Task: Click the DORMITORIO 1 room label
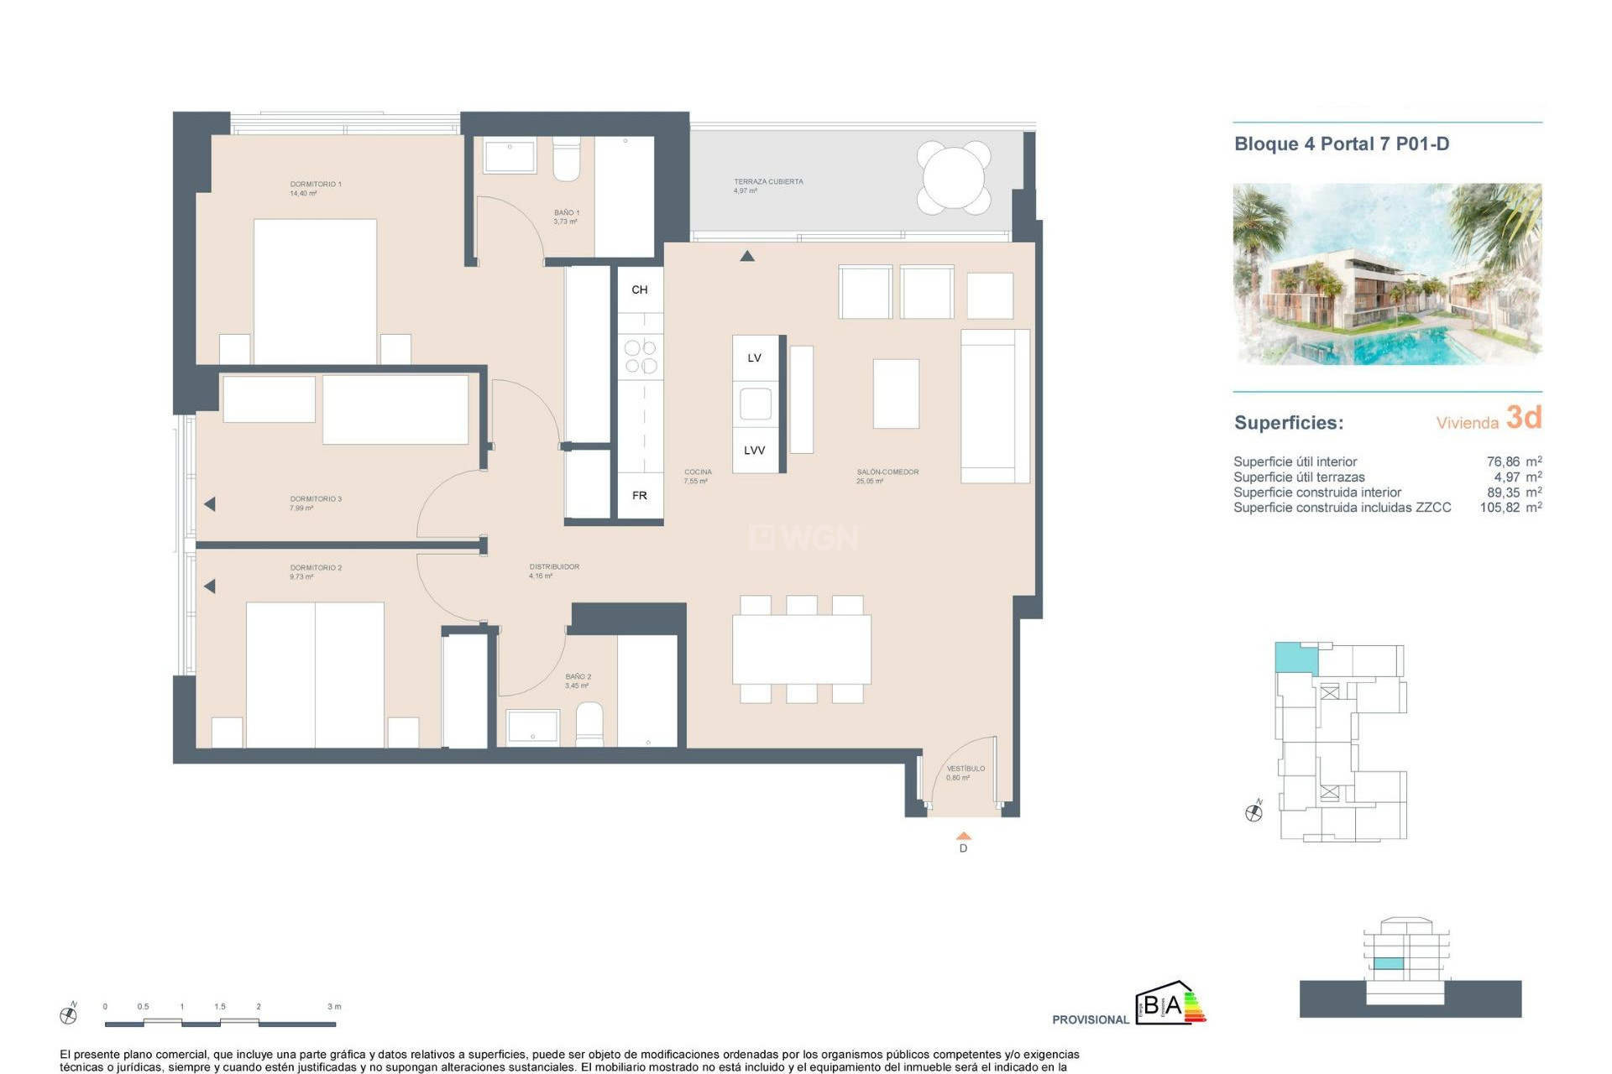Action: pyautogui.click(x=315, y=184)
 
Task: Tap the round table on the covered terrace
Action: pyautogui.click(x=953, y=178)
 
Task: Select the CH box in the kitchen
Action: pyautogui.click(x=640, y=289)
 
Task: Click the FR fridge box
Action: pyautogui.click(x=640, y=496)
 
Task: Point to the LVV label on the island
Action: pyautogui.click(x=754, y=451)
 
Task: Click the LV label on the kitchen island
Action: pyautogui.click(x=754, y=358)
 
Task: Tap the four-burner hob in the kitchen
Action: pyautogui.click(x=641, y=356)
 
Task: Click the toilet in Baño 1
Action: pyautogui.click(x=567, y=159)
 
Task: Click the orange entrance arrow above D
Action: pyautogui.click(x=964, y=836)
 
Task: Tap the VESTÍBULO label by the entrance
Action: pyautogui.click(x=966, y=769)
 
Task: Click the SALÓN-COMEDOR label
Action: pyautogui.click(x=887, y=472)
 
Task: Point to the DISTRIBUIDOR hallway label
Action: pyautogui.click(x=554, y=567)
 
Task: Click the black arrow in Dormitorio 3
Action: pyautogui.click(x=210, y=504)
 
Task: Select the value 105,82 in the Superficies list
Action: pyautogui.click(x=1499, y=508)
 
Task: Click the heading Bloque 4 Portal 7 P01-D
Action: pyautogui.click(x=1341, y=144)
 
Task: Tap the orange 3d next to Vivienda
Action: pyautogui.click(x=1523, y=417)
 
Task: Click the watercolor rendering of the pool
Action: pyautogui.click(x=1386, y=274)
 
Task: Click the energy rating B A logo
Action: pyautogui.click(x=1170, y=1004)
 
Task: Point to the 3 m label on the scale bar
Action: pyautogui.click(x=334, y=1006)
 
